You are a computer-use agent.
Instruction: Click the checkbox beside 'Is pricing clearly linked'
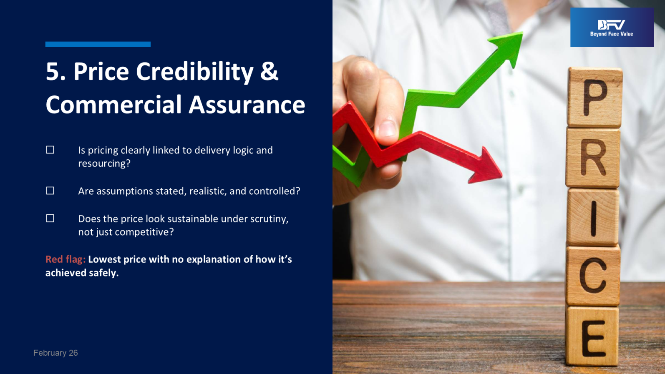click(x=50, y=150)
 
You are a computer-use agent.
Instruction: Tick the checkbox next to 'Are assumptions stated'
click(x=50, y=191)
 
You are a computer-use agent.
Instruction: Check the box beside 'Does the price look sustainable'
click(x=50, y=218)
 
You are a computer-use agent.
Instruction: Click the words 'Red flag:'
click(x=65, y=259)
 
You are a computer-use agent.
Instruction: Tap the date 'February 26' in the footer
click(x=55, y=353)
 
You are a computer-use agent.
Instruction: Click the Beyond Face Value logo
click(x=612, y=27)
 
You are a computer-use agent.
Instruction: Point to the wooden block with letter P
click(x=595, y=97)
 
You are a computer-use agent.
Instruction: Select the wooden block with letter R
click(x=593, y=158)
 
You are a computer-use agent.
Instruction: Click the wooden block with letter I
click(x=594, y=217)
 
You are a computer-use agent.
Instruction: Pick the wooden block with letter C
click(x=593, y=276)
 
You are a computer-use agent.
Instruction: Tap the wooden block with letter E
click(x=592, y=336)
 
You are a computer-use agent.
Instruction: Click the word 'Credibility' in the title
click(x=195, y=72)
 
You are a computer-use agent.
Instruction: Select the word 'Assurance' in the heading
click(x=247, y=105)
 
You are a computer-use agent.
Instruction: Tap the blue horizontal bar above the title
click(x=98, y=44)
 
